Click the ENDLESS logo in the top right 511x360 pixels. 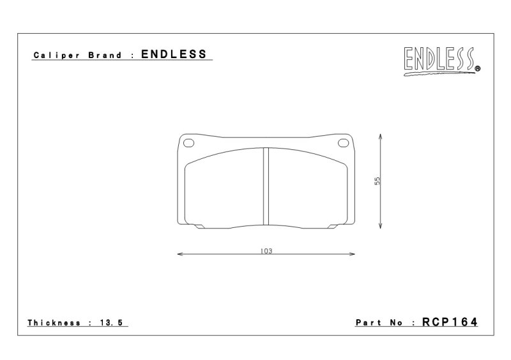[x=441, y=61]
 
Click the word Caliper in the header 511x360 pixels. [x=57, y=56]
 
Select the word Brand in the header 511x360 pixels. [x=105, y=55]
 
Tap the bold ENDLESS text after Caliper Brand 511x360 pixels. [x=174, y=54]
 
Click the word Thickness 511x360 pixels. [x=54, y=323]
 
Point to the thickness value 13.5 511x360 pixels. [x=111, y=323]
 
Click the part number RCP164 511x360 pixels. [x=450, y=322]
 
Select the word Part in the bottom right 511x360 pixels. [x=369, y=322]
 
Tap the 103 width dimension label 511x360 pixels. [x=266, y=251]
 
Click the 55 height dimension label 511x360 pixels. [x=378, y=181]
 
